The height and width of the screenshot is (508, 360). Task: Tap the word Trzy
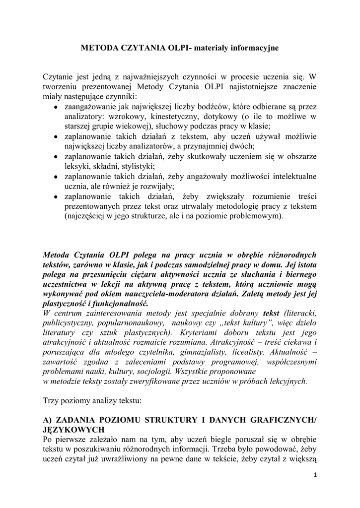51,400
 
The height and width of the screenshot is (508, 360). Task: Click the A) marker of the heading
48,420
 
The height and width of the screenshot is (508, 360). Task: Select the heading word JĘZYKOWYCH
73,430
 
